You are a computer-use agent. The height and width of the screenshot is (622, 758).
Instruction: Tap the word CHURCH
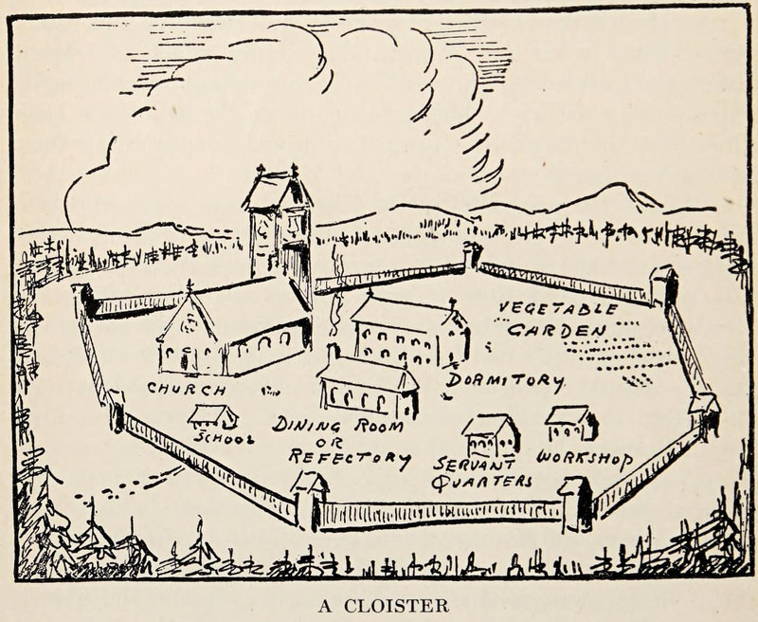187,390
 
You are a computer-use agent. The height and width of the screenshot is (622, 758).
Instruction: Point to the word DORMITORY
506,380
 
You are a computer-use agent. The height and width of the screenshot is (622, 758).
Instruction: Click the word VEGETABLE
557,309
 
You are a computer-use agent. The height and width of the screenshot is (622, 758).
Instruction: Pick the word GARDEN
556,330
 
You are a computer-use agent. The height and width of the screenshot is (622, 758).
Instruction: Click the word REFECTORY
350,458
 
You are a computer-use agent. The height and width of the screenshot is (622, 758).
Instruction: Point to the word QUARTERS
481,483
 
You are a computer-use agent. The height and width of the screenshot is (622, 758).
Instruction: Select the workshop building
571,423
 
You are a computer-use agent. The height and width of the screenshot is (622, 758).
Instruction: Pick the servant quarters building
491,435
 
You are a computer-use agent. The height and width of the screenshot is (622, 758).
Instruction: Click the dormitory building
410,333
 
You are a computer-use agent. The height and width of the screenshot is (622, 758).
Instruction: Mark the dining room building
368,388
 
